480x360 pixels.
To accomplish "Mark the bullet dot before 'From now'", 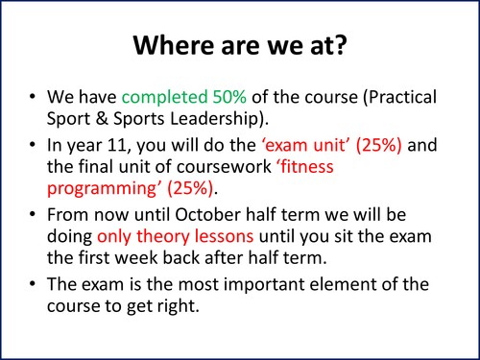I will (35, 225).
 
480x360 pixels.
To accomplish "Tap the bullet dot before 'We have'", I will (35, 98).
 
